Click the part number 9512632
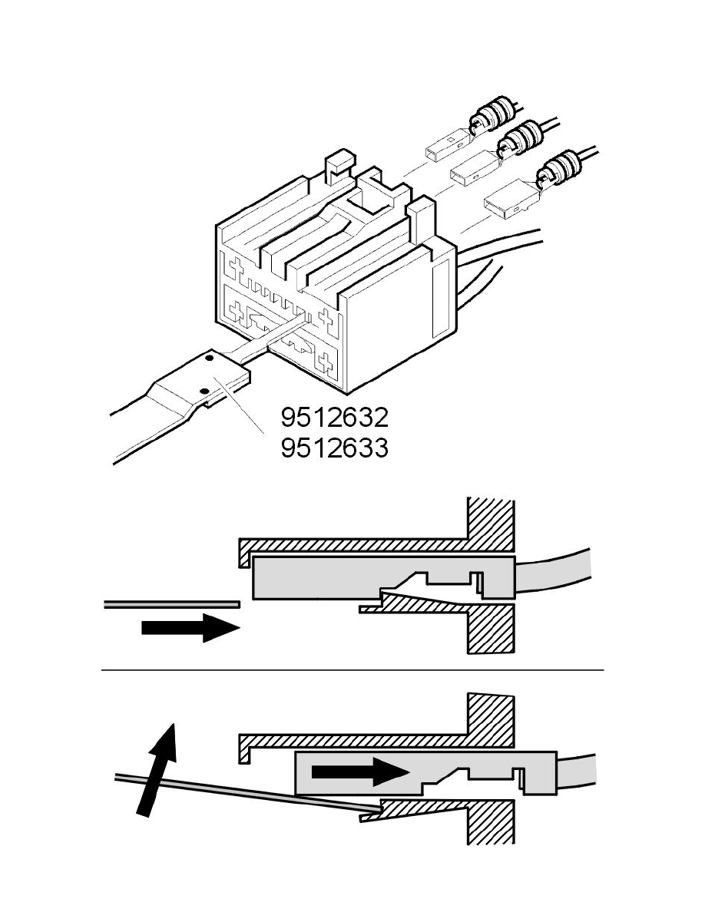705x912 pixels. click(x=335, y=417)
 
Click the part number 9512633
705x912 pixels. click(x=335, y=448)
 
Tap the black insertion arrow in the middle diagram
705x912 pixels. click(x=190, y=628)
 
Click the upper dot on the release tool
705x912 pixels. click(x=210, y=359)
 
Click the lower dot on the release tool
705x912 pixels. click(x=203, y=390)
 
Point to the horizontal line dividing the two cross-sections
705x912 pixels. click(x=352, y=670)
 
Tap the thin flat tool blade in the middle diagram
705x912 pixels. click(x=172, y=604)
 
